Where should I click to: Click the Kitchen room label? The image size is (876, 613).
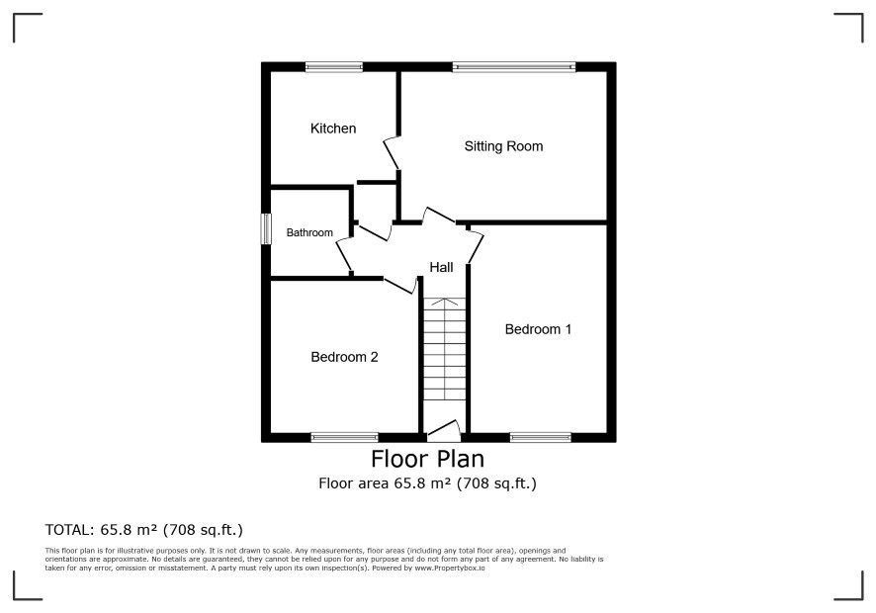coord(333,129)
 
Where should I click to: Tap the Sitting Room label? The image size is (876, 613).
coord(503,146)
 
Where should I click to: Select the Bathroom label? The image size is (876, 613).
coord(309,232)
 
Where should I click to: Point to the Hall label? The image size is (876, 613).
coord(441,268)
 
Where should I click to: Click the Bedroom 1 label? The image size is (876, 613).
coord(538,329)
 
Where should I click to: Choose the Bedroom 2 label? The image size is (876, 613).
coord(344,357)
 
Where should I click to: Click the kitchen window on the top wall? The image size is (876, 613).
coord(334,67)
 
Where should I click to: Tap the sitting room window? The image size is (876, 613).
coord(514,67)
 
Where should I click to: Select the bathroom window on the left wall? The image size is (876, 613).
coord(267,228)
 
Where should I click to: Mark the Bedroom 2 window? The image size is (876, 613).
coord(345,438)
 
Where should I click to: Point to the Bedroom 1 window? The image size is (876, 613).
coord(540,438)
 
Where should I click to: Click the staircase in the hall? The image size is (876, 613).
coord(444,349)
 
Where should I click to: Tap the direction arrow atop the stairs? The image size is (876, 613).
coord(444,302)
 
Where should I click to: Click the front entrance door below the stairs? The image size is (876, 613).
coord(444,430)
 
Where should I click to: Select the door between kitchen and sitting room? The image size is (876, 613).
coord(393,152)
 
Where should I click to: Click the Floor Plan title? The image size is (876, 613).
coord(427,459)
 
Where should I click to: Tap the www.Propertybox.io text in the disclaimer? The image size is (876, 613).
coord(449,569)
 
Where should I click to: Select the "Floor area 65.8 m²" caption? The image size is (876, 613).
coord(385,483)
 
